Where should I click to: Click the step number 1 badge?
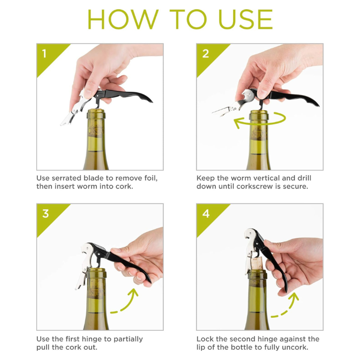[45, 54]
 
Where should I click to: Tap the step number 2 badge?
[206, 54]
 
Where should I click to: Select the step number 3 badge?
[45, 214]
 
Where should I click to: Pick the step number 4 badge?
[206, 214]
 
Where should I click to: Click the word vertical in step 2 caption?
[271, 178]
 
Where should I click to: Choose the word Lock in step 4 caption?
[205, 338]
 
